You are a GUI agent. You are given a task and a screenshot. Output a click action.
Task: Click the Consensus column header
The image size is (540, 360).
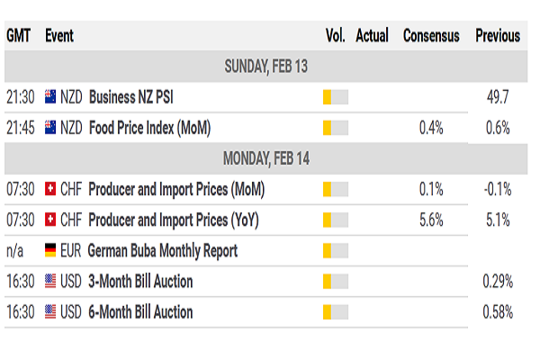[x=431, y=36]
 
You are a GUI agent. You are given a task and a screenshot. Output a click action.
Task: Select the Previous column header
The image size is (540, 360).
[x=498, y=36]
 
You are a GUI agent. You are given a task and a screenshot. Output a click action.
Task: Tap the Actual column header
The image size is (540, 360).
[x=372, y=36]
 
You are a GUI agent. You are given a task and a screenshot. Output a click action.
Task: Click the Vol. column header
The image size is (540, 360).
[x=335, y=36]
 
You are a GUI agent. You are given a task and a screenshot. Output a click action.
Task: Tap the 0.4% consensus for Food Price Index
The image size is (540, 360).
[x=431, y=127]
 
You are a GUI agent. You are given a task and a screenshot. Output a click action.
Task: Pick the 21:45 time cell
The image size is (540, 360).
[x=20, y=127]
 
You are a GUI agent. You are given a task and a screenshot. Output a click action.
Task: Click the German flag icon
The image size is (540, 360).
[x=49, y=250]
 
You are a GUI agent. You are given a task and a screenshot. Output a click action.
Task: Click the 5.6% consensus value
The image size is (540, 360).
[x=431, y=220]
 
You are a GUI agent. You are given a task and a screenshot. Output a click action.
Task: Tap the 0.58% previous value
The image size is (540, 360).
[x=497, y=312]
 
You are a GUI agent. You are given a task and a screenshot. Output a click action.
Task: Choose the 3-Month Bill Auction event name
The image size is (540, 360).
[x=141, y=282]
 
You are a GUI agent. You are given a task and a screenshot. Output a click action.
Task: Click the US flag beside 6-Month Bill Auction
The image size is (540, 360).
[x=49, y=312]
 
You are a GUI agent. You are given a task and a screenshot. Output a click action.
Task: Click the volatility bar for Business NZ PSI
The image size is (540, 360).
[x=335, y=96]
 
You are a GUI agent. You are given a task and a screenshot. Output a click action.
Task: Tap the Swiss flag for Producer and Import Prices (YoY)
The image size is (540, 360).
[x=49, y=220]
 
